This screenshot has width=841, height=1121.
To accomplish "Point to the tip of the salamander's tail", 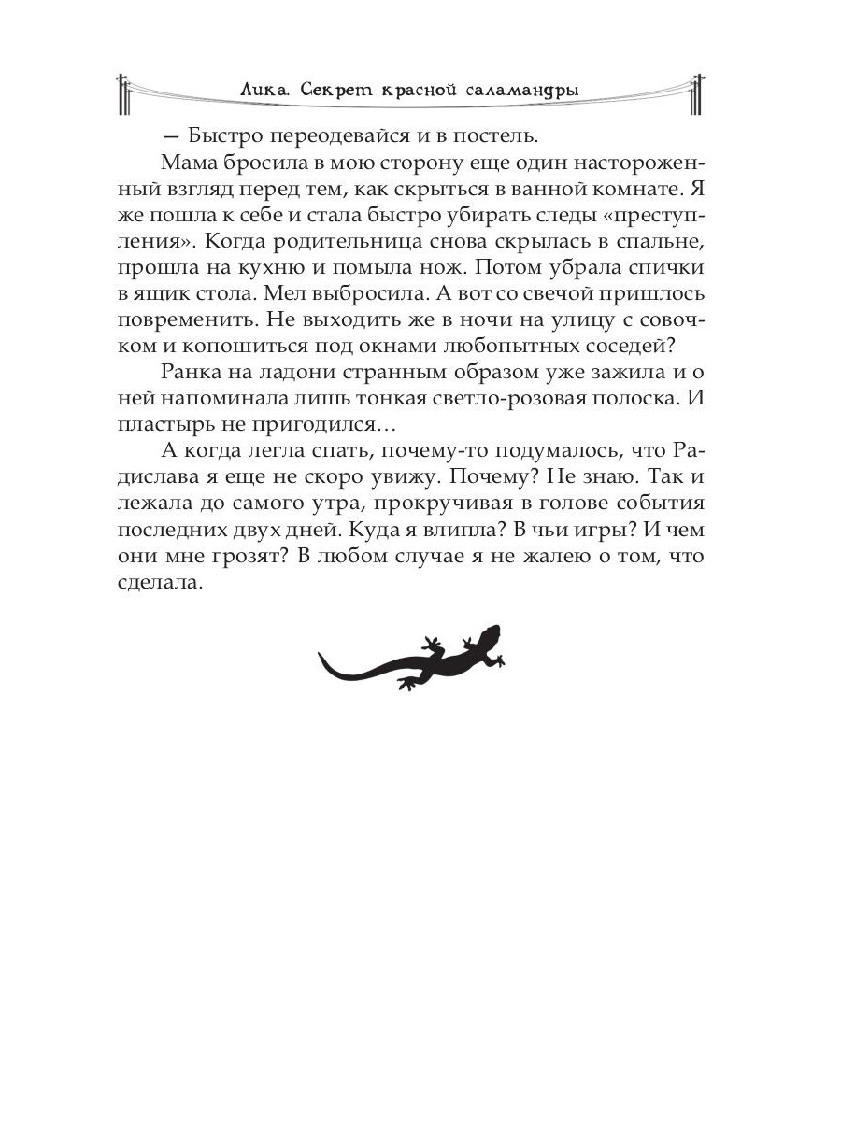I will click(x=321, y=656).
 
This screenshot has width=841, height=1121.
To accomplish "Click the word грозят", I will click(x=249, y=554).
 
